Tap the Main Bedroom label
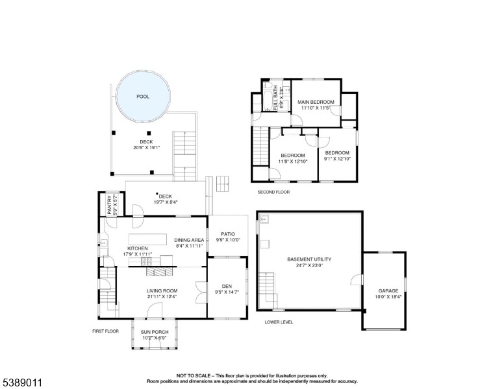click(x=316, y=102)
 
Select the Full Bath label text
click(x=276, y=98)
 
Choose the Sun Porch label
click(x=155, y=332)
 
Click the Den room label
click(x=227, y=286)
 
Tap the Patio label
click(x=227, y=233)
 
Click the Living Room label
click(x=162, y=291)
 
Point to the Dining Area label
click(x=189, y=240)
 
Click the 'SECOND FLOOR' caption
click(x=273, y=192)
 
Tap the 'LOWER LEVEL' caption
click(x=279, y=322)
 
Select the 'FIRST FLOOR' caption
click(x=105, y=331)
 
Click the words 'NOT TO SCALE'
click(x=195, y=375)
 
